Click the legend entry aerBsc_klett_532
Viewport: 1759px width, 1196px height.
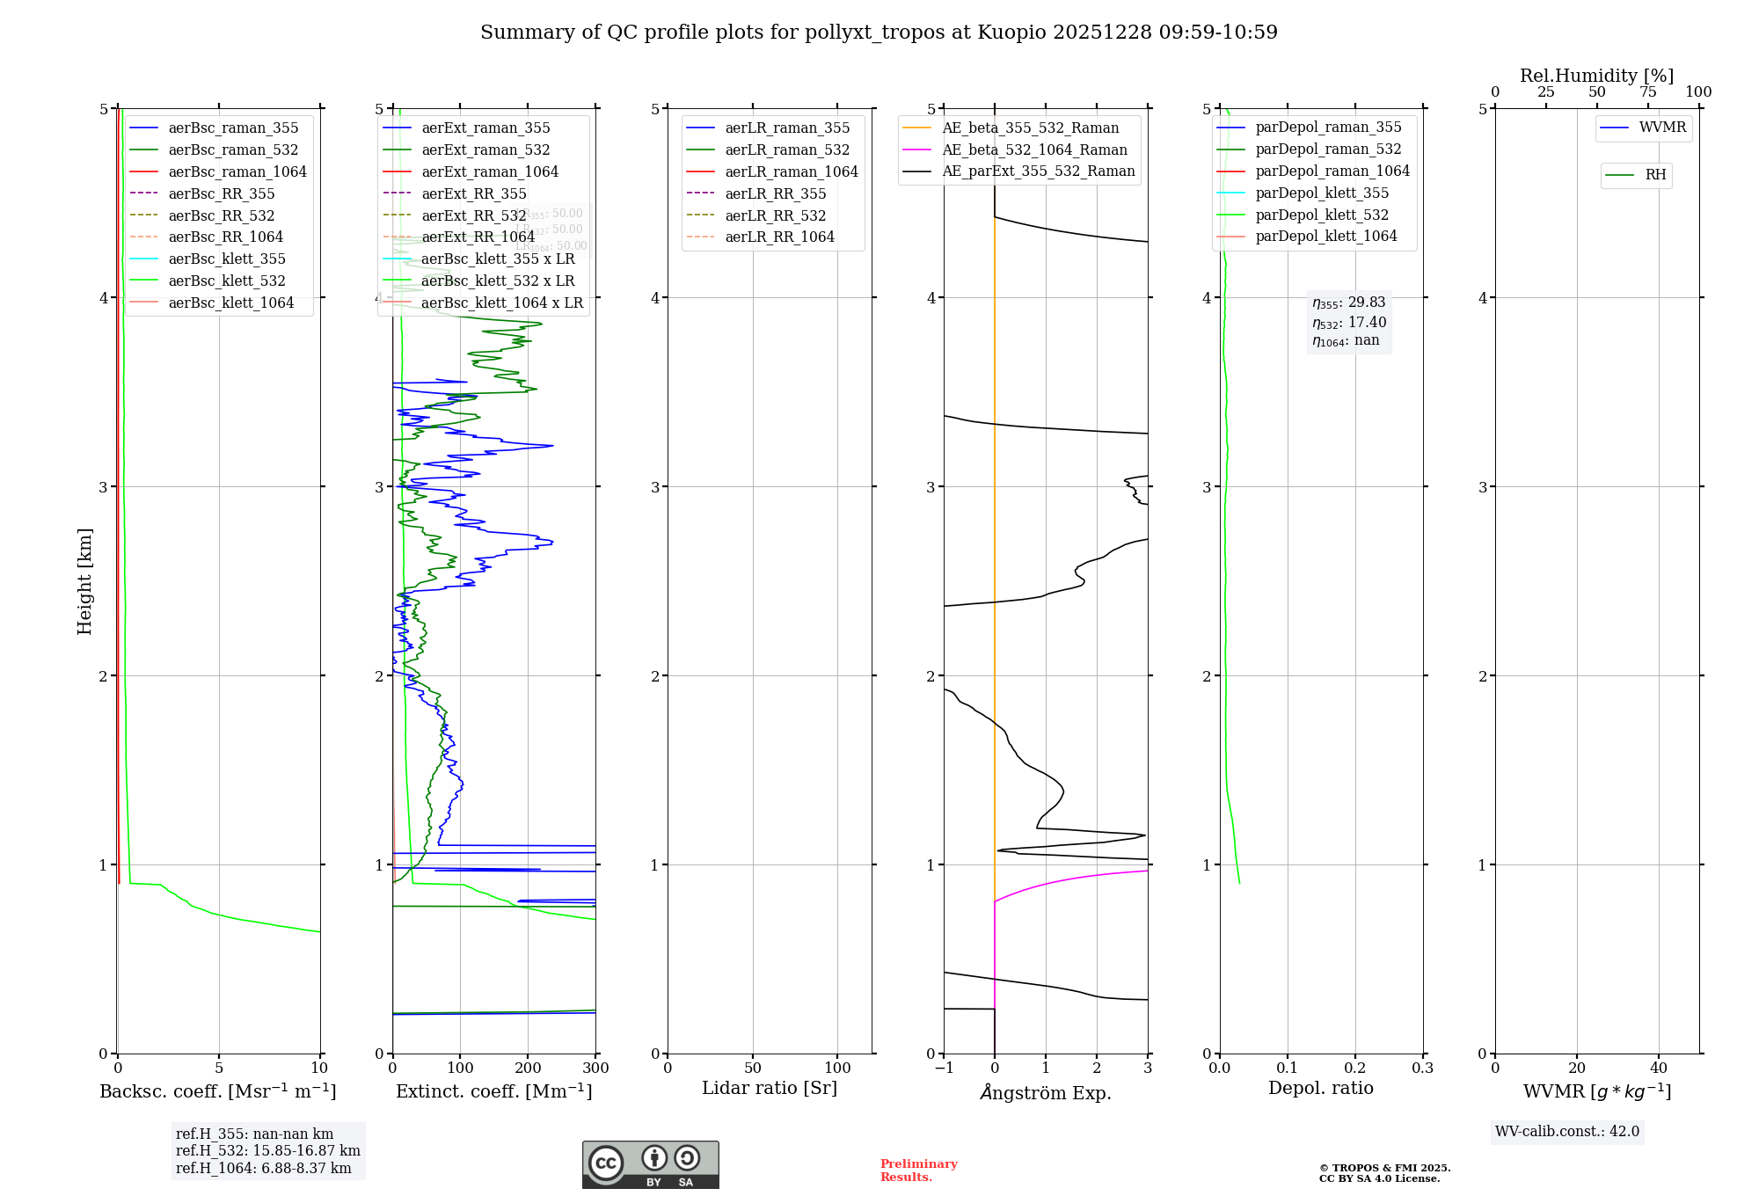(x=227, y=281)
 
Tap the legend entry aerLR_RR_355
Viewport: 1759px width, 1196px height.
(x=775, y=193)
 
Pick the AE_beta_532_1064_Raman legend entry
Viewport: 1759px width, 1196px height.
(x=1034, y=149)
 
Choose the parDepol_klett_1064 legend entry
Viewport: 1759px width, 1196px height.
(x=1325, y=236)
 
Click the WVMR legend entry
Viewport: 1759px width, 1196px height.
(x=1662, y=128)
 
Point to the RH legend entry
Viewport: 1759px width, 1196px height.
(x=1655, y=175)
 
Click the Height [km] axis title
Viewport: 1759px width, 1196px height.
(x=84, y=580)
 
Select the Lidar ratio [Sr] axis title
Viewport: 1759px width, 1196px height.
(x=770, y=1088)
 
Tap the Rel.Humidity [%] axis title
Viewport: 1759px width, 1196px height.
(x=1596, y=76)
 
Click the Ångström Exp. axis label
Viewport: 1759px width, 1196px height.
(x=1046, y=1092)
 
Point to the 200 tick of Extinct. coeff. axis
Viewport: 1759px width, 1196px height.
(x=528, y=1068)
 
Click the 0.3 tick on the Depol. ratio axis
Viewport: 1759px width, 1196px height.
(x=1422, y=1068)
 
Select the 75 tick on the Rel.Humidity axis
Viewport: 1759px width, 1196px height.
(x=1647, y=92)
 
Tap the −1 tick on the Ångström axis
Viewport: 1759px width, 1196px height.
(x=944, y=1068)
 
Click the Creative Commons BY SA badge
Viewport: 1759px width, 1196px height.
(x=650, y=1164)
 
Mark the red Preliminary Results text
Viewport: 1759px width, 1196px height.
(x=918, y=1170)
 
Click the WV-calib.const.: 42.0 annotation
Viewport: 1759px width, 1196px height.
(x=1566, y=1131)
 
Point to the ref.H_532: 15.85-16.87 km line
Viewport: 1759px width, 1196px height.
(x=267, y=1150)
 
